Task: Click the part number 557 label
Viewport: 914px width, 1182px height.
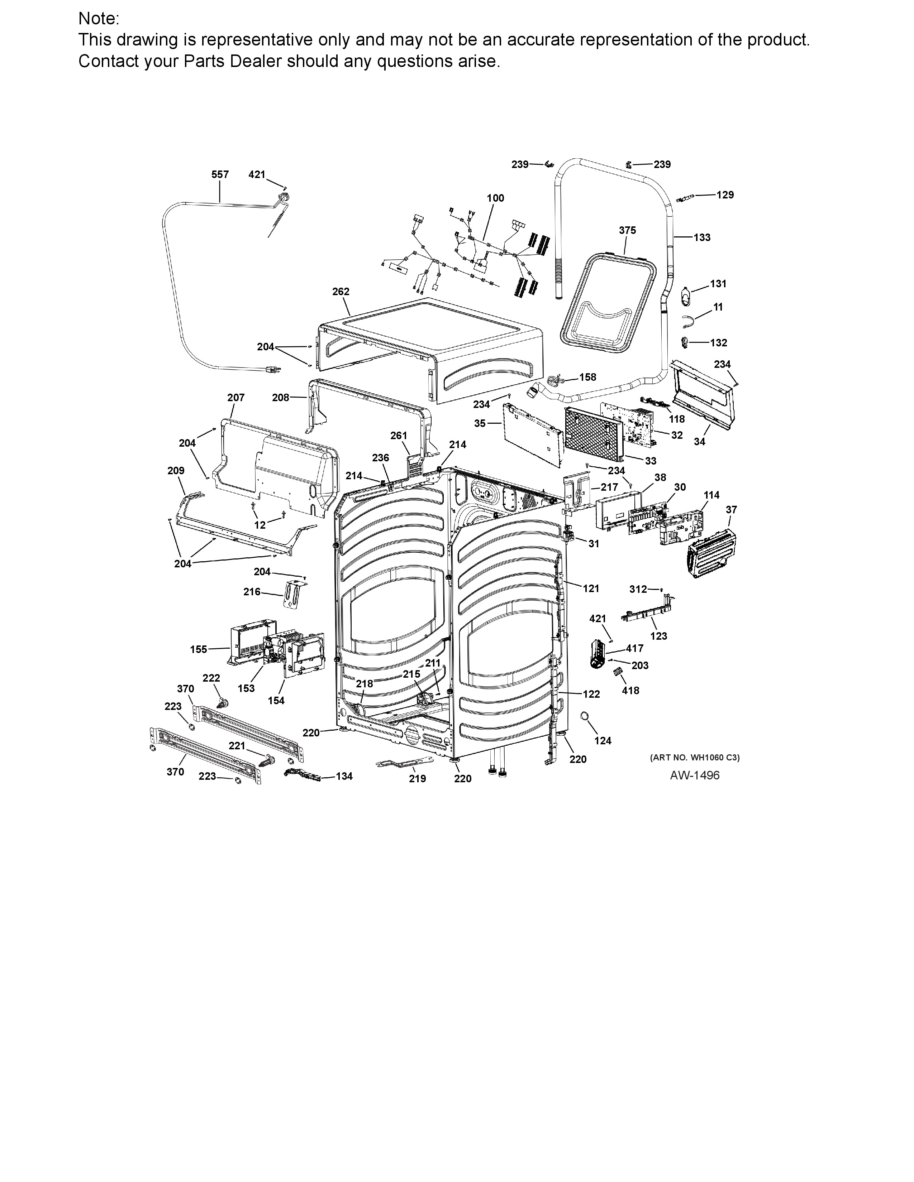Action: (x=220, y=174)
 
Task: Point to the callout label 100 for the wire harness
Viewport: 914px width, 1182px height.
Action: (x=495, y=198)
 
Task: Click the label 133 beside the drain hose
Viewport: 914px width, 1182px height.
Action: (x=702, y=237)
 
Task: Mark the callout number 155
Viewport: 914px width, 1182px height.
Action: (x=198, y=649)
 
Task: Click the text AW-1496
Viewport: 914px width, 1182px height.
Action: (x=695, y=775)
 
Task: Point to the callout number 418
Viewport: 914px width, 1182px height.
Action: (x=630, y=691)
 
